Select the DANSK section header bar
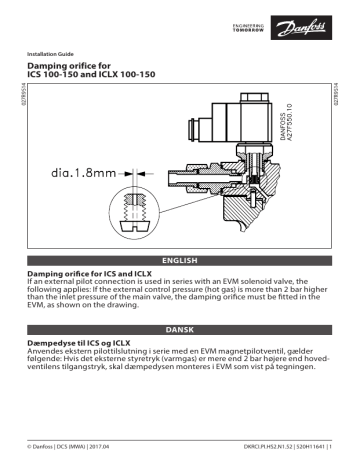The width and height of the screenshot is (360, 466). click(180, 328)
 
